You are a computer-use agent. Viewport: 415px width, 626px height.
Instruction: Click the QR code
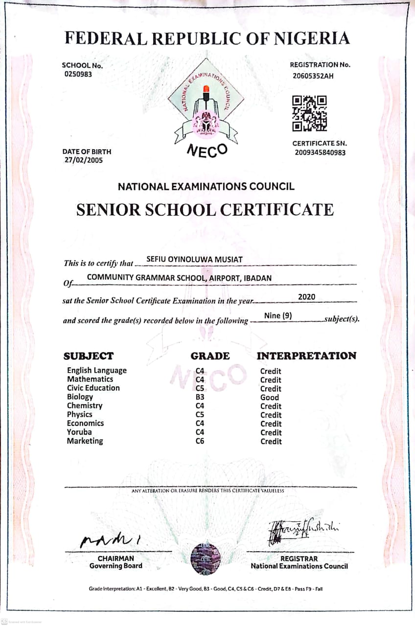coord(309,113)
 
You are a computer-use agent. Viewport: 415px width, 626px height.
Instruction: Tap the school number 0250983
coord(78,74)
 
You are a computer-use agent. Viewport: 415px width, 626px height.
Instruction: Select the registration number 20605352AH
coord(313,76)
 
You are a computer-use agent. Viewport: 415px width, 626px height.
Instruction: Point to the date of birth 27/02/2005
coord(84,160)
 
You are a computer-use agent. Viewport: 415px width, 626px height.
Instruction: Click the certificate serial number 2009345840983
coord(320,153)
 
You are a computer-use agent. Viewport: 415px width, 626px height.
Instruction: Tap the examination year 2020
coord(306,297)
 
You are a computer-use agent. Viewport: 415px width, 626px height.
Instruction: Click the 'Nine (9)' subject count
coord(278,315)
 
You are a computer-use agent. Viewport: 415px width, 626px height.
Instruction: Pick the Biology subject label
coord(80,397)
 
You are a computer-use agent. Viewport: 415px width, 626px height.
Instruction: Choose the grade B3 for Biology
coord(200,397)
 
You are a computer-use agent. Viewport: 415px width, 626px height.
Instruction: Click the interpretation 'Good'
coord(270,398)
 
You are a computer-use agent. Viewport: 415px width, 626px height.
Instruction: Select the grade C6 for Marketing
coord(200,441)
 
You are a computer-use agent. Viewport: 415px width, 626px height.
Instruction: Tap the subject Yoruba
coord(79,432)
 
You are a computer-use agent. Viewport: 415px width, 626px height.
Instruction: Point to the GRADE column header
coord(210,356)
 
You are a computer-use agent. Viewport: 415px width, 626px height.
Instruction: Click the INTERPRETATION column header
coord(306,356)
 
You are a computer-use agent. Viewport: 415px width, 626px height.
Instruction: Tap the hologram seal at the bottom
coord(206,559)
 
